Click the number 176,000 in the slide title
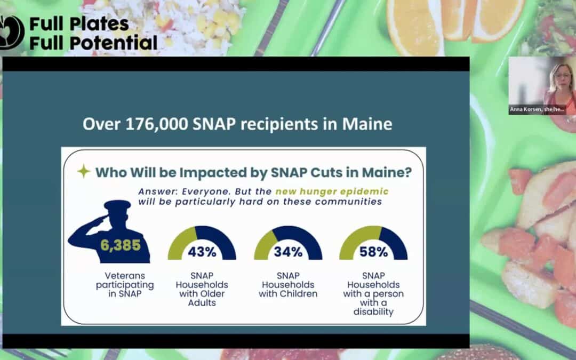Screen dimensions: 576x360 [x=156, y=124]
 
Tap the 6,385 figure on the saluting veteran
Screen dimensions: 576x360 [x=121, y=245]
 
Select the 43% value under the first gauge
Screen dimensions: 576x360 [x=202, y=252]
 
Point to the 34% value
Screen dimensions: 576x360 [x=288, y=252]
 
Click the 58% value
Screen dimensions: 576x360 [x=373, y=252]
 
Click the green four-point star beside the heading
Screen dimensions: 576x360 [x=84, y=171]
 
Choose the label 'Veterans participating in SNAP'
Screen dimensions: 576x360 [x=125, y=285]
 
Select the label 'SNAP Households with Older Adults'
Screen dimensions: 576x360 [x=202, y=289]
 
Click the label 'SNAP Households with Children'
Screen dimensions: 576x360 [x=288, y=285]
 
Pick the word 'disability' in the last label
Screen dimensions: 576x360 [x=373, y=312]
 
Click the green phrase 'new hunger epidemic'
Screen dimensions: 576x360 [x=332, y=192]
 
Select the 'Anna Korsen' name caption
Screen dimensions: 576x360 [x=537, y=109]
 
